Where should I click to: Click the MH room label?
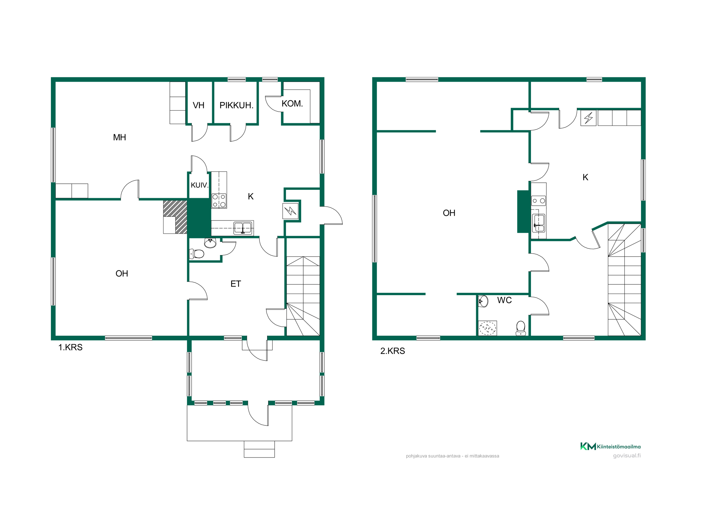(x=119, y=137)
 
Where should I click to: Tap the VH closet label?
(x=198, y=105)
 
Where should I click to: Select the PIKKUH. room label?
(x=237, y=105)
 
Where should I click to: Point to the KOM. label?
(x=292, y=104)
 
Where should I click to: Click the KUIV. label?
(x=199, y=185)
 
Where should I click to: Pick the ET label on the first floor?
(x=235, y=284)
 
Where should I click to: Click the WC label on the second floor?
(x=504, y=300)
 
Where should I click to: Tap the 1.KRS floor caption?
(x=70, y=347)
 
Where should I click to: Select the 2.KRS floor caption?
(x=393, y=351)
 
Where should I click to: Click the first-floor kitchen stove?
(x=219, y=201)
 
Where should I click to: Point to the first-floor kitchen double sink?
(x=243, y=228)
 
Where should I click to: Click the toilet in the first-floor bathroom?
(x=197, y=254)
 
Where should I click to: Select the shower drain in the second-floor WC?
(x=487, y=328)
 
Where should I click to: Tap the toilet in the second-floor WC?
(x=521, y=328)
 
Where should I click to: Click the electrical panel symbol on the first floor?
(x=291, y=211)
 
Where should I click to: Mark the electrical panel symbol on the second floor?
(x=588, y=118)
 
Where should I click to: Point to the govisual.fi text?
(x=627, y=455)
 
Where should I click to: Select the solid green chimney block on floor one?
(x=199, y=218)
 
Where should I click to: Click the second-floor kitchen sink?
(x=539, y=223)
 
